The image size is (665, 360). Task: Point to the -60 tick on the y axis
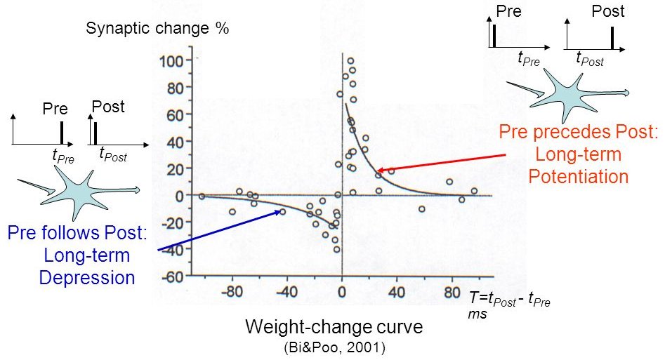click(x=173, y=276)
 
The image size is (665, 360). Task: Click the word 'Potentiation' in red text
click(x=578, y=175)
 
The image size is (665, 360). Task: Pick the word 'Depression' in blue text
click(x=86, y=278)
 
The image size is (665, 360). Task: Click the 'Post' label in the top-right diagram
click(x=607, y=11)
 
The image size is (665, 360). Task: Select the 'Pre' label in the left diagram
click(x=55, y=109)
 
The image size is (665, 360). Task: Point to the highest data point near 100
click(x=350, y=61)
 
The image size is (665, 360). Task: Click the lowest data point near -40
click(x=336, y=249)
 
